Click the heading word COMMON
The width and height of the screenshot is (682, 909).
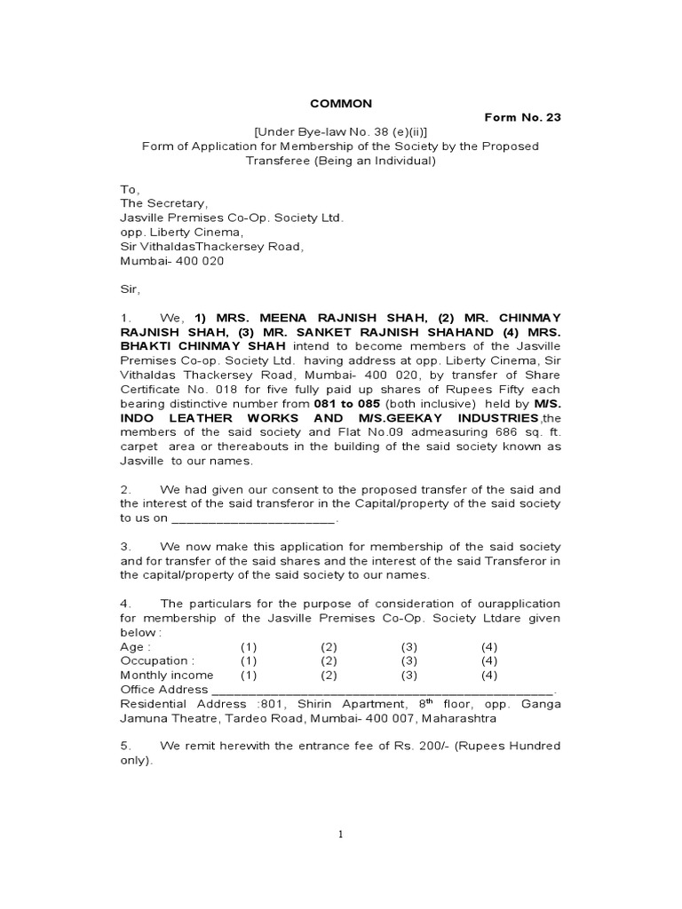click(340, 104)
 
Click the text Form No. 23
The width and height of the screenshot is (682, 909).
click(522, 117)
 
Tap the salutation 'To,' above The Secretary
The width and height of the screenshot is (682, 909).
click(129, 189)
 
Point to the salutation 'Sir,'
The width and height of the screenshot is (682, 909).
click(131, 289)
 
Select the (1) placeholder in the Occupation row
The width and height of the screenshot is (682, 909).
click(248, 661)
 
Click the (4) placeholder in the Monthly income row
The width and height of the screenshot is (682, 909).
click(489, 676)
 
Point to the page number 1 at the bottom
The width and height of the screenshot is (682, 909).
click(340, 834)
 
